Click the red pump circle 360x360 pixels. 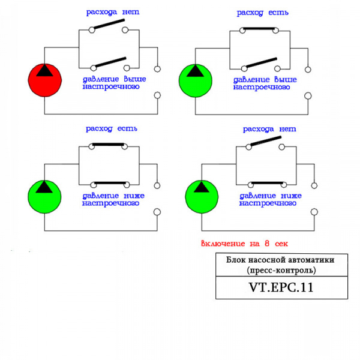(44, 79)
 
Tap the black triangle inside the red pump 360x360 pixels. (44, 70)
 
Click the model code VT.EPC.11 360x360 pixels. (281, 287)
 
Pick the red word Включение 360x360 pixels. (222, 244)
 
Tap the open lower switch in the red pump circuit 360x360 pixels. (108, 62)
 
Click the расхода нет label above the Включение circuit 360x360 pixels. (269, 129)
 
